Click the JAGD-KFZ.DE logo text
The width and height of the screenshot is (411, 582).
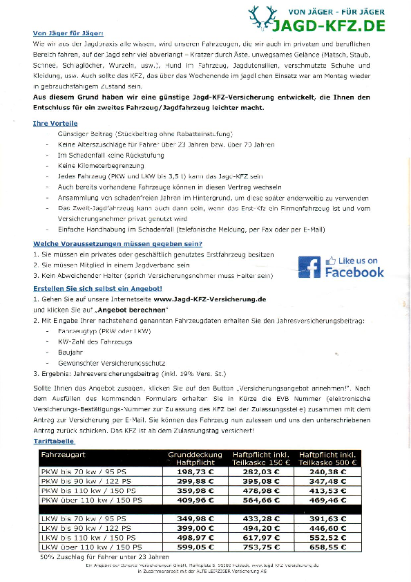(327, 27)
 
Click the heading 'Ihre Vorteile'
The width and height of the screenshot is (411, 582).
(55, 123)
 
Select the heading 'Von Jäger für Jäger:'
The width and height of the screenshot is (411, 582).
(68, 33)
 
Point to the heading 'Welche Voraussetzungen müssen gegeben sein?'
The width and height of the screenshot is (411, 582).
(117, 244)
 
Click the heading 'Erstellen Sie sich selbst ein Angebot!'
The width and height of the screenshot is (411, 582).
(97, 288)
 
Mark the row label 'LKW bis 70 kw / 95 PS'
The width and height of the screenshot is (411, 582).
(84, 518)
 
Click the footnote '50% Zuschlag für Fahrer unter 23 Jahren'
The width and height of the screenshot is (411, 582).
(104, 556)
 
